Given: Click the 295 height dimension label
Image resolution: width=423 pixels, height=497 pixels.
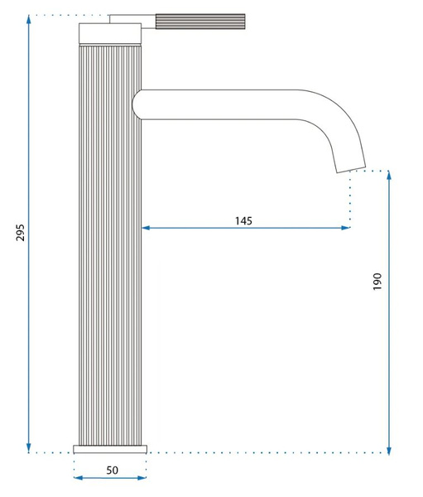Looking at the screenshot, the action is [x=20, y=233].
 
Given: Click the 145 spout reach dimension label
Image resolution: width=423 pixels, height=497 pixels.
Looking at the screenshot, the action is [x=243, y=220].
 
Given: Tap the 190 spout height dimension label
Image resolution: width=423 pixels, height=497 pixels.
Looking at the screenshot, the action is [x=377, y=281].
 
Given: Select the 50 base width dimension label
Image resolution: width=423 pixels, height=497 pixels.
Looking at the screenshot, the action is [x=113, y=470].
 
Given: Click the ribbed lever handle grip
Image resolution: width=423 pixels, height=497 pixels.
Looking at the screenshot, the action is [x=200, y=22].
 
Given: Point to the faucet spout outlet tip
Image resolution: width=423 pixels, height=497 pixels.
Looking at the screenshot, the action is [x=351, y=169].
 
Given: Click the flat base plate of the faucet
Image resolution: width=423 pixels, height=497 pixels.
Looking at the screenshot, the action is [x=110, y=449].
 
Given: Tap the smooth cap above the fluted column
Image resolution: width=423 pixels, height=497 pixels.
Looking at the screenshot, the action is [x=110, y=33].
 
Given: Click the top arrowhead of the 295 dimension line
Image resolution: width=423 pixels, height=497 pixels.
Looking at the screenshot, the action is [x=29, y=20].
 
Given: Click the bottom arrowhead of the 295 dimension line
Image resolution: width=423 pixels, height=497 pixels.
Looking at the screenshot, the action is [x=29, y=448].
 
